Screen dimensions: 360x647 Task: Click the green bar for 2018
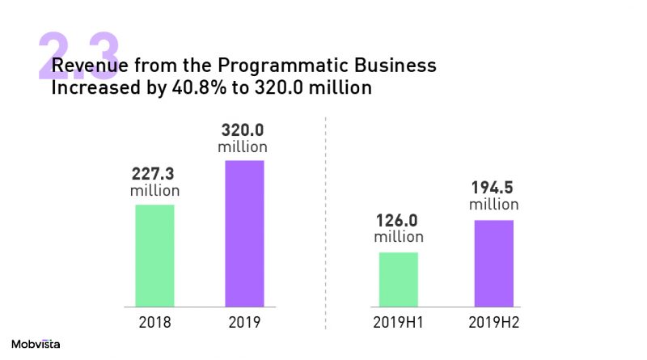point(154,256)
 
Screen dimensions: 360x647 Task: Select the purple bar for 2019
point(244,234)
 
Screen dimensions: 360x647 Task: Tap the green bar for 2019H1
point(398,279)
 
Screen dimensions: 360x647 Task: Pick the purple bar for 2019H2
point(493,263)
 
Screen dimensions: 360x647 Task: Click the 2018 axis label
point(154,322)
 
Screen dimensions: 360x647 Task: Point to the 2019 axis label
point(244,322)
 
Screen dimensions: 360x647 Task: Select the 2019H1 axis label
point(398,322)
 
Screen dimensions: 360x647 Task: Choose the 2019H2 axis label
point(493,322)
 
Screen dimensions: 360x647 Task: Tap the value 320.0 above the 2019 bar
point(243,130)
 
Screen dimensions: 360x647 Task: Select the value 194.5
point(493,188)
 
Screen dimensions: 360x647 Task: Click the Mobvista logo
point(36,344)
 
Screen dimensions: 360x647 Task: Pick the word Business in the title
point(396,66)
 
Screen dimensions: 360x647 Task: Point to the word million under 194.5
point(493,205)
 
